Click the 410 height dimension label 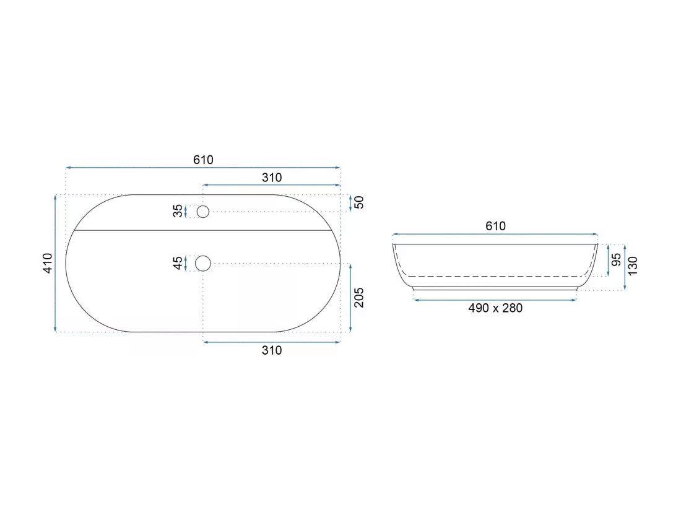click(x=48, y=263)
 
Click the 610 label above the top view click(x=203, y=160)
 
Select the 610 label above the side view click(x=495, y=226)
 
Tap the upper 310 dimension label click(x=272, y=178)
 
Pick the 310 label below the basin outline click(x=272, y=350)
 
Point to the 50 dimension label click(x=358, y=202)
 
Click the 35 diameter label click(x=178, y=211)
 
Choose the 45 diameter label click(x=178, y=263)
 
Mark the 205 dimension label click(x=358, y=297)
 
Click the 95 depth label click(x=616, y=260)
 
